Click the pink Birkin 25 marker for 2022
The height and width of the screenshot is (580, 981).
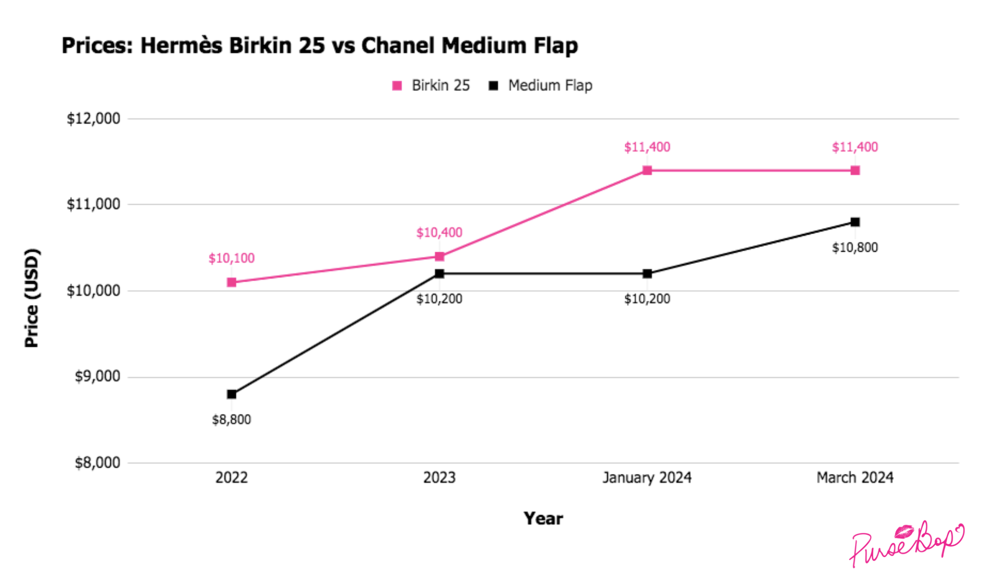(x=232, y=282)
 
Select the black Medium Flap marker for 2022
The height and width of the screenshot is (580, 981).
(x=232, y=394)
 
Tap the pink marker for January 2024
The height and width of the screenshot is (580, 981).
(x=647, y=170)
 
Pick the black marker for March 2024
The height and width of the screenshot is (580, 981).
(x=855, y=222)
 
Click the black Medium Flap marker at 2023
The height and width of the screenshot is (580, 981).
(x=439, y=273)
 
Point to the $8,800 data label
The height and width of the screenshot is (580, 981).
(x=232, y=420)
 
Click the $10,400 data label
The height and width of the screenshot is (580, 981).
(x=439, y=233)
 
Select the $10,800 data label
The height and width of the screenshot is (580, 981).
(x=855, y=247)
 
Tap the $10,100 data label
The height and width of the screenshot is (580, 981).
(x=232, y=258)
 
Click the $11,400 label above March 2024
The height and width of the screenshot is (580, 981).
(x=855, y=147)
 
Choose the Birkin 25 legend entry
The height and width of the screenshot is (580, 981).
(x=431, y=85)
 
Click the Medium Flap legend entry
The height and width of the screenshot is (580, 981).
(x=541, y=85)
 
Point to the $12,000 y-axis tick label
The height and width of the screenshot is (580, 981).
(x=93, y=118)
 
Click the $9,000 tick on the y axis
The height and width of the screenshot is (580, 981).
(x=97, y=376)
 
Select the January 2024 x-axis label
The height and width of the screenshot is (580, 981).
(x=647, y=477)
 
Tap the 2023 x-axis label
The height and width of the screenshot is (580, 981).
(x=439, y=477)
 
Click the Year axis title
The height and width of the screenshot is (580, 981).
(x=543, y=518)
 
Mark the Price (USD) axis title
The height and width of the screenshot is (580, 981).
(x=32, y=298)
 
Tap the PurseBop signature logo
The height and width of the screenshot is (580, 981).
(x=906, y=544)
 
